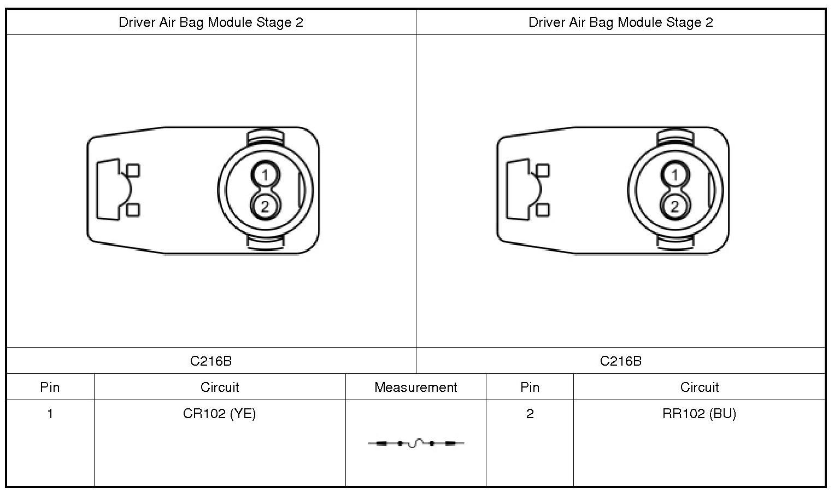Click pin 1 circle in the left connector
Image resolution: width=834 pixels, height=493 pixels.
point(265,175)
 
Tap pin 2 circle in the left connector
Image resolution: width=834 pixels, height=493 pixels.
point(265,207)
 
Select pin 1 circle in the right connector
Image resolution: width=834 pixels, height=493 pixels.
point(675,175)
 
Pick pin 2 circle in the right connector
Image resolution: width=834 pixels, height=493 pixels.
point(675,207)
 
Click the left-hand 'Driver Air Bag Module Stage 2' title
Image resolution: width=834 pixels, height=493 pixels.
point(211,22)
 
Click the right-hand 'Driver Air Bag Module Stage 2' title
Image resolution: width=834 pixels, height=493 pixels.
point(620,22)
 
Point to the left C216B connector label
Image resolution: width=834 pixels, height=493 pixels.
point(211,361)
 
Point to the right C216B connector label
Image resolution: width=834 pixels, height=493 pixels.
point(620,361)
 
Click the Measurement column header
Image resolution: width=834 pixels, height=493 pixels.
point(415,388)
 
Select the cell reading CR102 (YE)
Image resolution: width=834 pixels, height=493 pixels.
point(219,414)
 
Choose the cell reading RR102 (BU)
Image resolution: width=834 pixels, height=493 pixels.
point(699,414)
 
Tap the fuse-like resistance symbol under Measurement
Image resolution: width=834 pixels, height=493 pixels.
point(416,443)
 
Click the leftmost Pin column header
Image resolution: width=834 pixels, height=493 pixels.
point(50,388)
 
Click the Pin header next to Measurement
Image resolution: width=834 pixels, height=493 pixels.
point(530,388)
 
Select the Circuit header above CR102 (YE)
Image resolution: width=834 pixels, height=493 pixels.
point(219,388)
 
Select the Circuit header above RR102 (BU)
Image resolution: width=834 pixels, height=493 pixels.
point(699,388)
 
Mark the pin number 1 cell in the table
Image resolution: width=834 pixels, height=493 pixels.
point(50,414)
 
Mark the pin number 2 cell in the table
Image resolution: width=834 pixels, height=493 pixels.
point(530,414)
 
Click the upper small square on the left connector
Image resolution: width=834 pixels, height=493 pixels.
point(133,171)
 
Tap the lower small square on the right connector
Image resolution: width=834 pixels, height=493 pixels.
point(543,210)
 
